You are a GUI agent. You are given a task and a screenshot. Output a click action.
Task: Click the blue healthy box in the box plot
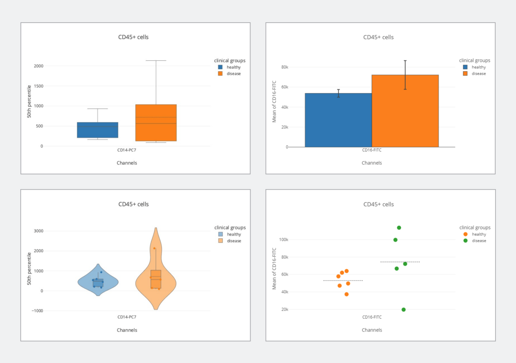click(98, 130)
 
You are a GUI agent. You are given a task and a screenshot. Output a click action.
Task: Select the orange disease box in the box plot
click(156, 122)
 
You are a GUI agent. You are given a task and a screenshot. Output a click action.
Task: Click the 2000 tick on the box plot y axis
click(39, 66)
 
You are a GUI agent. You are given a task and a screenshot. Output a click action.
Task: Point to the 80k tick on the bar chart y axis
click(285, 67)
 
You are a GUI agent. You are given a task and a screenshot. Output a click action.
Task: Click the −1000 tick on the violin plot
click(37, 311)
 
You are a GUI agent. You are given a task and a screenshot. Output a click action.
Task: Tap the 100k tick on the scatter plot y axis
click(284, 240)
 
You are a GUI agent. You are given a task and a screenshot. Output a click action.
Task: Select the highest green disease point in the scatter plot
click(399, 228)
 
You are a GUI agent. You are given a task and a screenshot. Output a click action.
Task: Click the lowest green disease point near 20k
click(404, 310)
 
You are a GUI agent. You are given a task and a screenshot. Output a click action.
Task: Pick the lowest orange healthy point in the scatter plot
click(347, 294)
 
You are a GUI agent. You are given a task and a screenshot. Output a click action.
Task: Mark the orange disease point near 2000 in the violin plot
click(154, 248)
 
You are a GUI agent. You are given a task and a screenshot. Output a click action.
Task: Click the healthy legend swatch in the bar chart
click(465, 67)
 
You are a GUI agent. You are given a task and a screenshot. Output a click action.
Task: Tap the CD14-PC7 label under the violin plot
click(127, 317)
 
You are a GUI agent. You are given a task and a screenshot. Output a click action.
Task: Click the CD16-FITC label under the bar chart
click(372, 150)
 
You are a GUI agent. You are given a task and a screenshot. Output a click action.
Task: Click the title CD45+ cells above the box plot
click(133, 37)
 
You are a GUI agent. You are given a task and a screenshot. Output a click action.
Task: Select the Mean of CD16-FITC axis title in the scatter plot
click(274, 268)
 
